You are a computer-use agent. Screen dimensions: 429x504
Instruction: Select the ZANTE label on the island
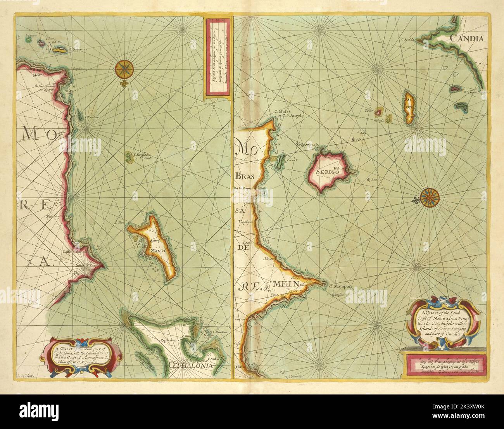click(156, 251)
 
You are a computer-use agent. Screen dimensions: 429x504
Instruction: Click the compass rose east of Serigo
click(429, 197)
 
